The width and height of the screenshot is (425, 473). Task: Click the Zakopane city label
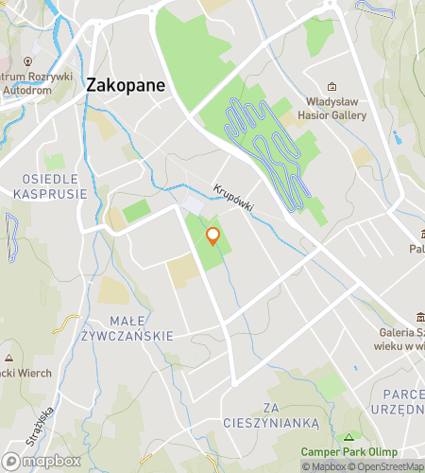pos(126,84)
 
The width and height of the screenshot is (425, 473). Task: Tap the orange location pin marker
pos(213,236)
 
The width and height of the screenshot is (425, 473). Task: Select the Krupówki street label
pos(233,198)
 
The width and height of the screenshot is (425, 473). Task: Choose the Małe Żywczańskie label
pos(141,327)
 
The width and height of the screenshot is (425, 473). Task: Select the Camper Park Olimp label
pos(349,451)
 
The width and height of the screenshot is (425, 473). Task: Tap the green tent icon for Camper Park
pos(349,437)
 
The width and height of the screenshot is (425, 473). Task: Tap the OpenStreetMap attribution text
pos(388,466)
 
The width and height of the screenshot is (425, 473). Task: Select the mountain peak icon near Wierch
pos(8,359)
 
